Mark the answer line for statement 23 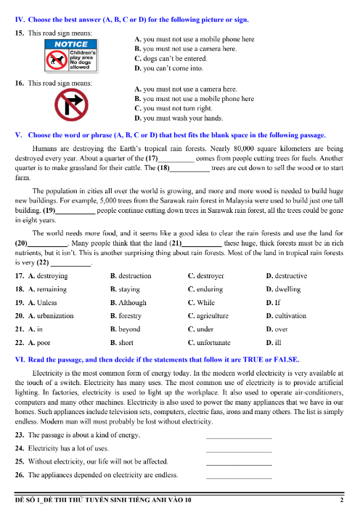click(239, 437)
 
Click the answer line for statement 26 click(239, 477)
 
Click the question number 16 click(20, 83)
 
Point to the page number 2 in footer click(341, 501)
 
